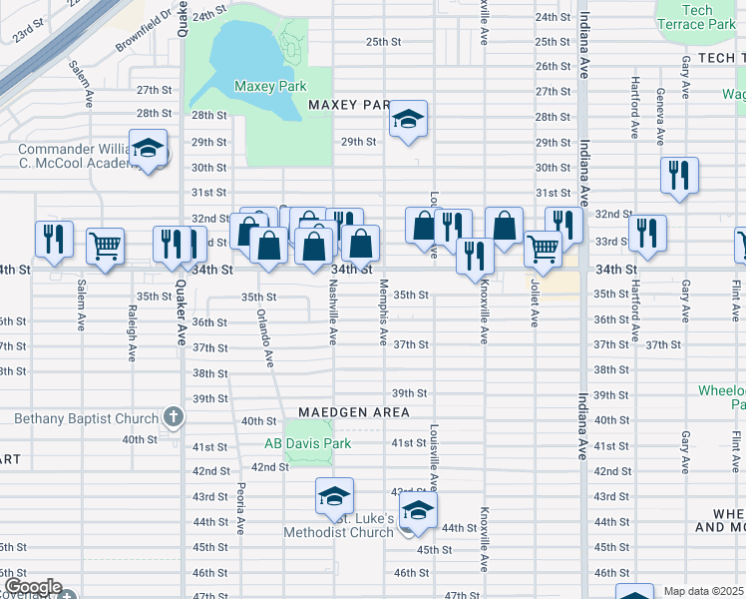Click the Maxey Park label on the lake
[x=269, y=86]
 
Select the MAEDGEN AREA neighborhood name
[x=353, y=412]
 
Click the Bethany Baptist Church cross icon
[x=173, y=417]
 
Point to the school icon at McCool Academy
[x=149, y=150]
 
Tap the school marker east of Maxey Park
[x=407, y=120]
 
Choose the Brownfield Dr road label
[x=144, y=32]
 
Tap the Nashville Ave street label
[x=332, y=314]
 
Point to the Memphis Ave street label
[x=383, y=313]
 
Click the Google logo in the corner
[x=32, y=587]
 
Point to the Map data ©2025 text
[x=704, y=591]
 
